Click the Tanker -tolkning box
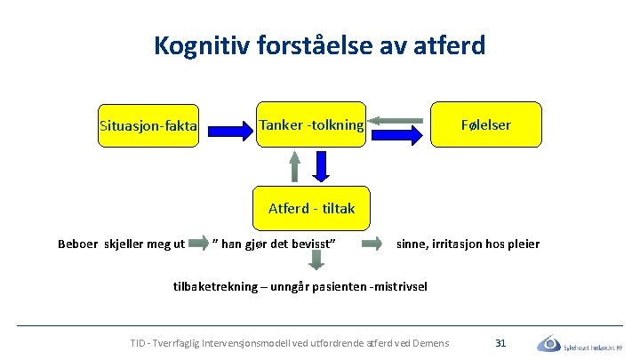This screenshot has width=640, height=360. pos(311,125)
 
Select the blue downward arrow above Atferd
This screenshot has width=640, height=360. pos(323,166)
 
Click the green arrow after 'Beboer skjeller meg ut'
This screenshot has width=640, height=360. pos(199,243)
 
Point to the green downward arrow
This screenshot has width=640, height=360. pos(316,260)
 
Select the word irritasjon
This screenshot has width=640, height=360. pos(461,244)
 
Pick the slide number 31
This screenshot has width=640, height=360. pos(500,342)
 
